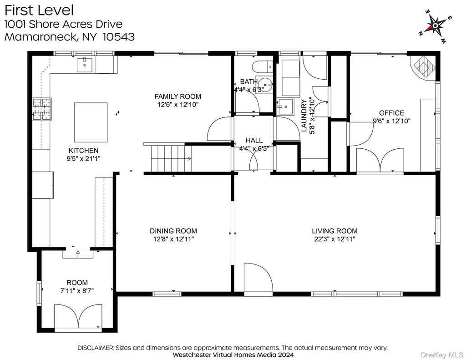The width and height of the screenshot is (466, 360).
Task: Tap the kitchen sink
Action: pos(85,65)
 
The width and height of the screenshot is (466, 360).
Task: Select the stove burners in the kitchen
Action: pos(41,109)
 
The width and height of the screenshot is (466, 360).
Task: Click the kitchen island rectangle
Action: pos(91,122)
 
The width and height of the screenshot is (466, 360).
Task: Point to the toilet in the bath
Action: pos(263,67)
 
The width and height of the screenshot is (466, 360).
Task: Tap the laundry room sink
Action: pos(285,106)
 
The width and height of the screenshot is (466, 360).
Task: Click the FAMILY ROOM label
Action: pos(178,96)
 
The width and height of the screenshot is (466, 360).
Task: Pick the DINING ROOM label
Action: pos(173,231)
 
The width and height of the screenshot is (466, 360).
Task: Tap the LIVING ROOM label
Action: pos(334,231)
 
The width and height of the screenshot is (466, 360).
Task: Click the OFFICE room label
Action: pos(392,113)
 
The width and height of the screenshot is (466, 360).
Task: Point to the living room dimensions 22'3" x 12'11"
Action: pos(334,239)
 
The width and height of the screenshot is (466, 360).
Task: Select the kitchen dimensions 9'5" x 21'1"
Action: pos(84,158)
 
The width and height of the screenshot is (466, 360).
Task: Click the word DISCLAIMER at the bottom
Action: pos(96,348)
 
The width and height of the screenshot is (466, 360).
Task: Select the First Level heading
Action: pos(39,10)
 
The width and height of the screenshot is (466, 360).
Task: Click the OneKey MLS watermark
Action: pos(441,355)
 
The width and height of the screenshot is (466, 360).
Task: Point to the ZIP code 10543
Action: pos(119,37)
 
